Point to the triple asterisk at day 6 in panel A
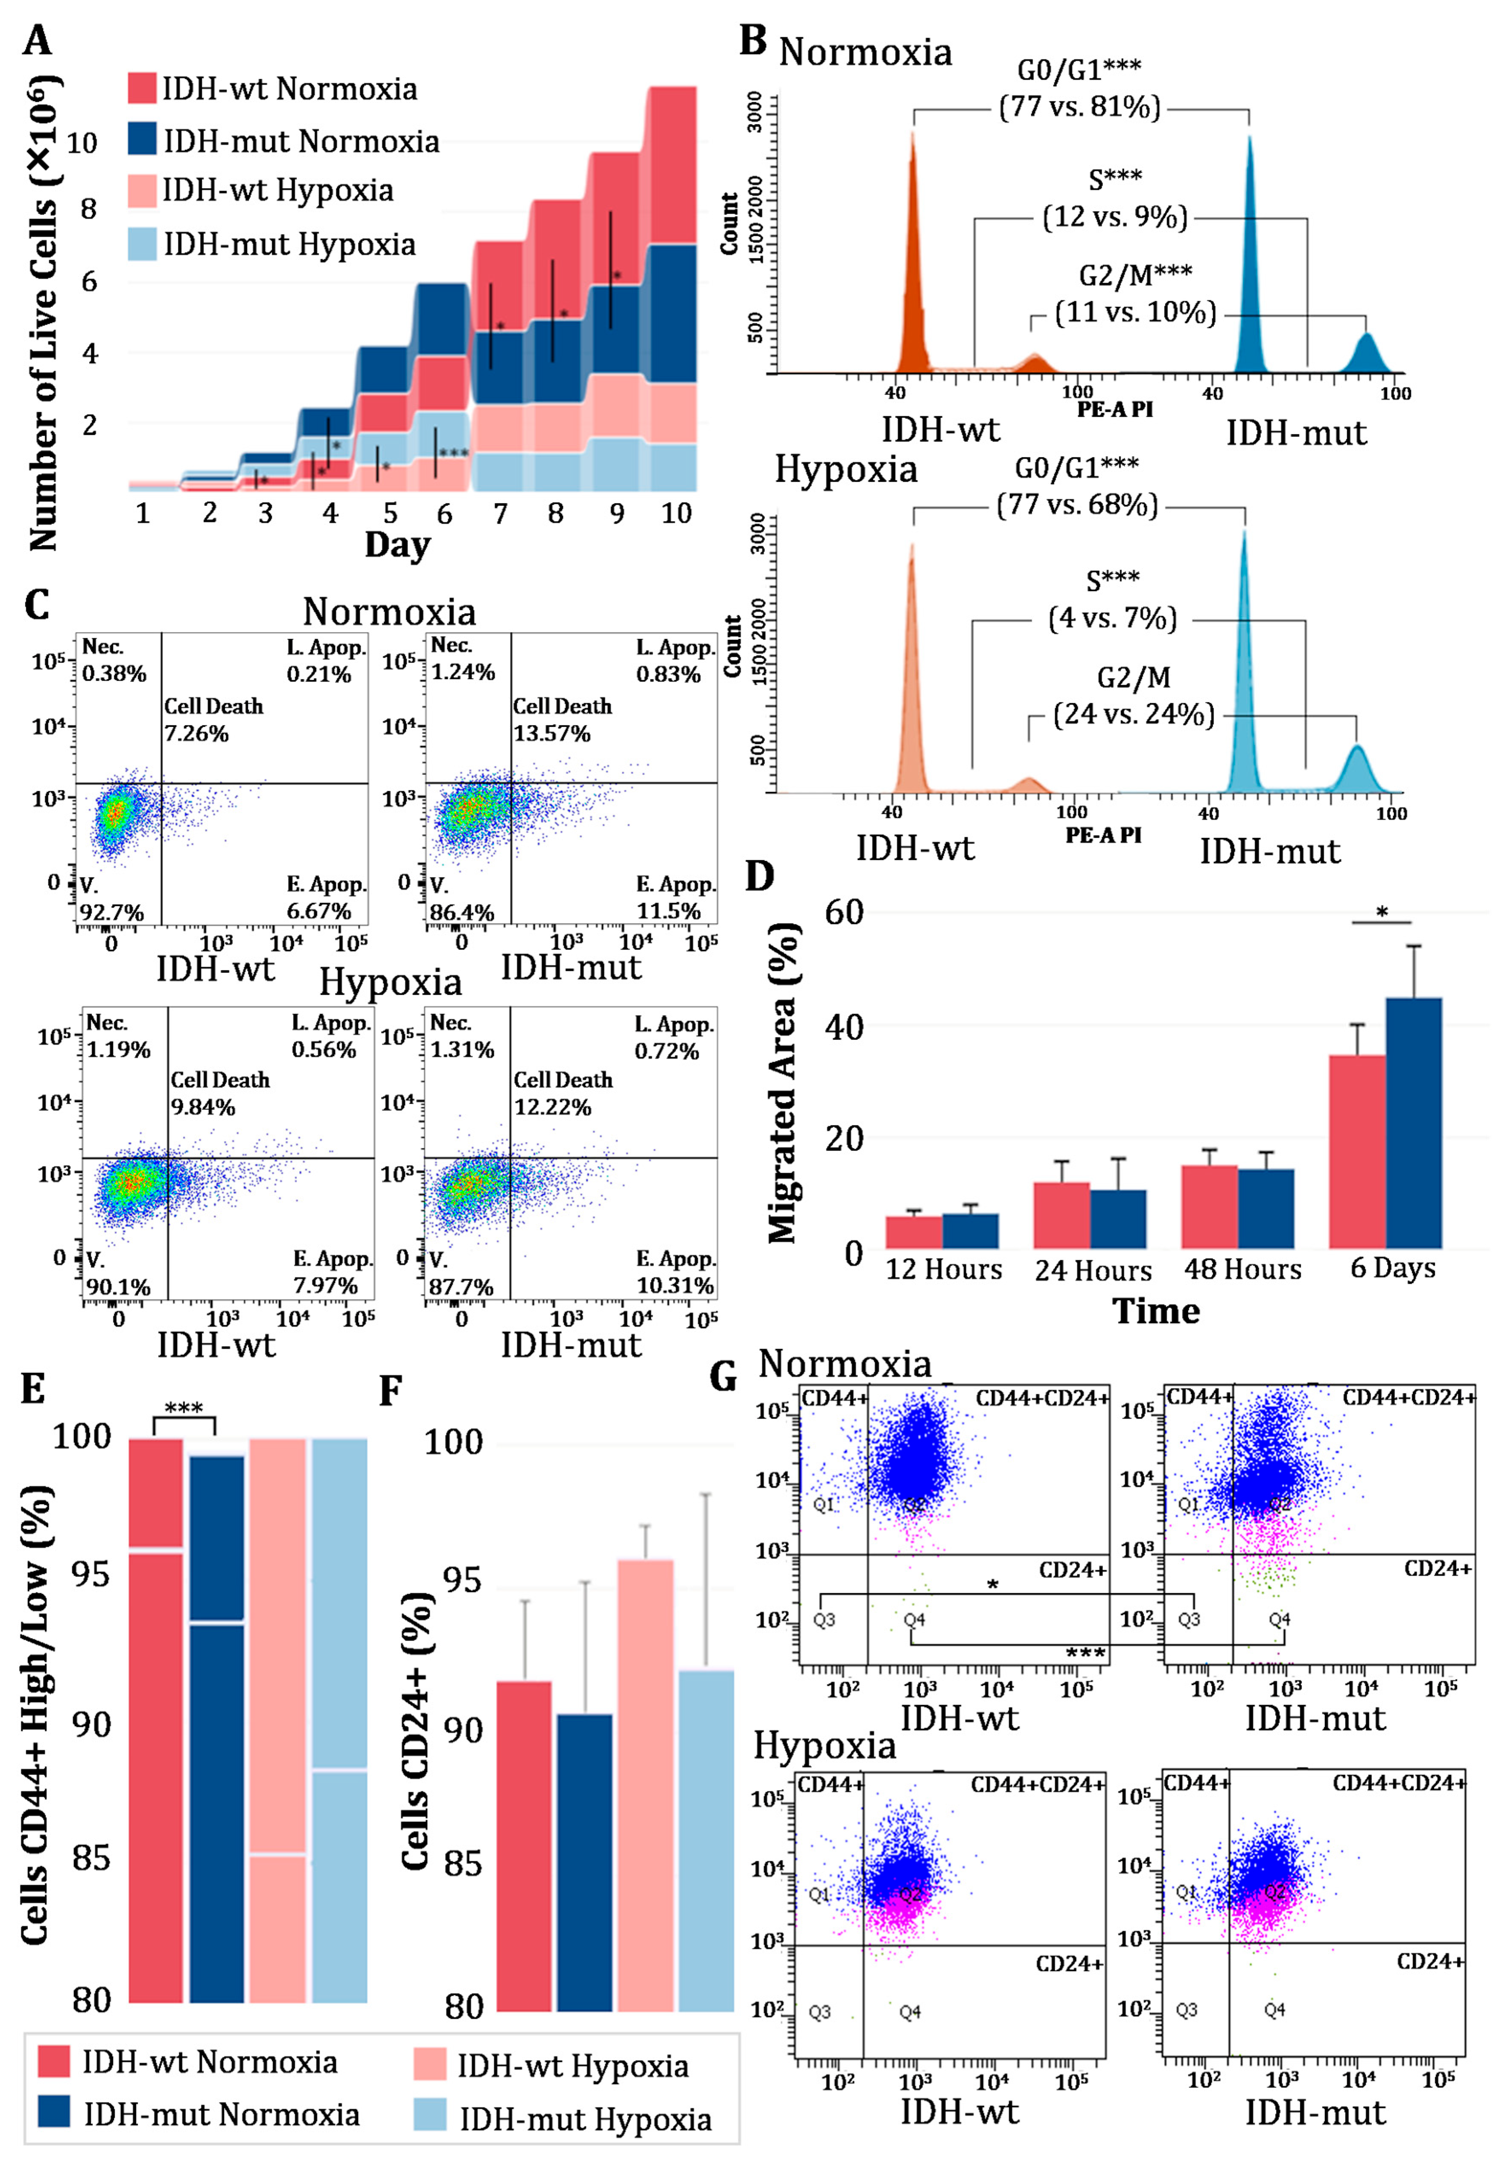[454, 454]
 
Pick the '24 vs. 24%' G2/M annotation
[1133, 714]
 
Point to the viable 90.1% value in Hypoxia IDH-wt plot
[119, 1286]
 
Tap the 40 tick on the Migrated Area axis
[844, 1027]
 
